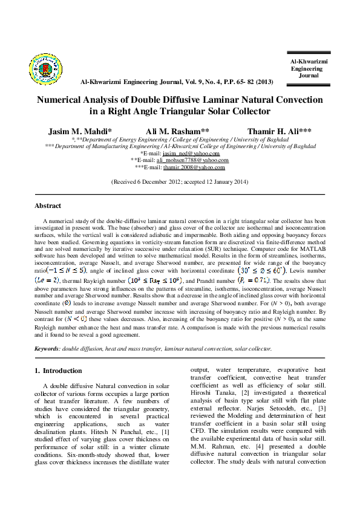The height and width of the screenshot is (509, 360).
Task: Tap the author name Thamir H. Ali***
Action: pos(279,131)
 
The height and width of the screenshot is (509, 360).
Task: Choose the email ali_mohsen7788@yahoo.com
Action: pos(192,160)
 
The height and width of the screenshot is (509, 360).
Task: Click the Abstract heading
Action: pos(48,206)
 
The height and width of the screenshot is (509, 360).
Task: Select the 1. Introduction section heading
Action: pos(59,371)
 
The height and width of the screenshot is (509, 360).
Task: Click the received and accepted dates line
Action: pos(180,181)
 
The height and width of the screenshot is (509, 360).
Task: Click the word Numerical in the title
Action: pos(62,100)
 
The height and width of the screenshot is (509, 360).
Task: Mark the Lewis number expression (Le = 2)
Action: pos(48,281)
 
